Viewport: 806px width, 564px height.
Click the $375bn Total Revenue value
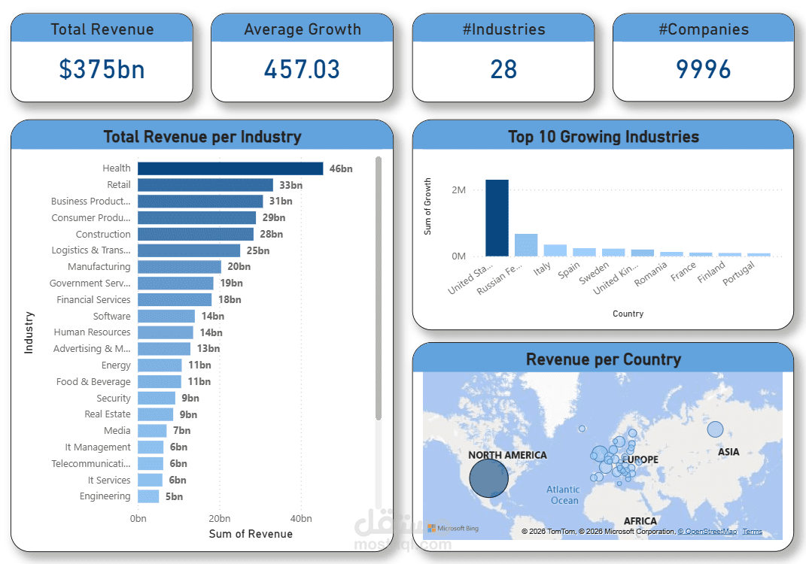point(102,69)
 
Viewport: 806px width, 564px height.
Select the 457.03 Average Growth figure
point(302,69)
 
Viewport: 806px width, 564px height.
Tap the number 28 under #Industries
point(503,69)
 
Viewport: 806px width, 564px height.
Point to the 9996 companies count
point(703,69)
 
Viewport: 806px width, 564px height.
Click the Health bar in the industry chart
point(230,168)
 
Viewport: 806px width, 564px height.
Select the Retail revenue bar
point(205,185)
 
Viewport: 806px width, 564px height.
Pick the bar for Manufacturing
point(179,267)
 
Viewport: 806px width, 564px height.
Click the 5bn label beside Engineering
point(174,496)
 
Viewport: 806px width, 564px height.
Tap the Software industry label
point(111,317)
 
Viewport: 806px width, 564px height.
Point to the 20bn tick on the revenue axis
point(220,519)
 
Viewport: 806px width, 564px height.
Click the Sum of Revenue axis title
point(250,534)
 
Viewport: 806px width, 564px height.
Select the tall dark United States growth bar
point(497,218)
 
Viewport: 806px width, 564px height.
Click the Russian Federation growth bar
point(526,245)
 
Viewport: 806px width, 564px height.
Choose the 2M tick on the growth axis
point(458,190)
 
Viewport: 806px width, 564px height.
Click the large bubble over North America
point(488,478)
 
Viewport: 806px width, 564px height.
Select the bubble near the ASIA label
point(714,429)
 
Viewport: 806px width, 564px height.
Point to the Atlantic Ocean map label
point(563,495)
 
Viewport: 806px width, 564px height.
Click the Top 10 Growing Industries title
point(603,137)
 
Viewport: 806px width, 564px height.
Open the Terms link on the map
point(752,532)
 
